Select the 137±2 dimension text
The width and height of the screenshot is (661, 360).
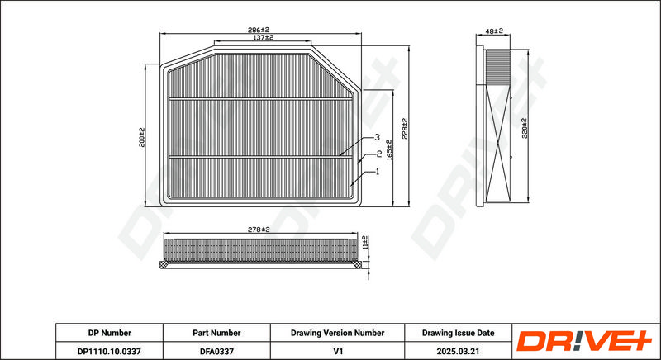click(x=262, y=38)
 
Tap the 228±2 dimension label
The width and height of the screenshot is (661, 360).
click(x=405, y=130)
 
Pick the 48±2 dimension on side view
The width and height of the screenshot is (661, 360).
click(x=493, y=31)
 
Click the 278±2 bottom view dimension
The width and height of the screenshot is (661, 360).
click(x=259, y=229)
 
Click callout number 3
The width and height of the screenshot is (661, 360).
click(x=376, y=137)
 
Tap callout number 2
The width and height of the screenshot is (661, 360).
click(x=378, y=154)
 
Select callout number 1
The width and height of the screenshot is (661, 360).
click(x=377, y=171)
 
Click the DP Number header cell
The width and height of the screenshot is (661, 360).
click(x=109, y=333)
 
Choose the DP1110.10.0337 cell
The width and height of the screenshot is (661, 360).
click(x=109, y=351)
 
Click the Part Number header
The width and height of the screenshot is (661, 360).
click(x=216, y=333)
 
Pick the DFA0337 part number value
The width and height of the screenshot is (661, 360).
click(x=216, y=351)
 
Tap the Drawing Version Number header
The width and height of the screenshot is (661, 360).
click(x=337, y=333)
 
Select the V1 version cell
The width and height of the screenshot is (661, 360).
click(x=337, y=351)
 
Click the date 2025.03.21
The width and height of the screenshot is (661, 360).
click(x=458, y=351)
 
